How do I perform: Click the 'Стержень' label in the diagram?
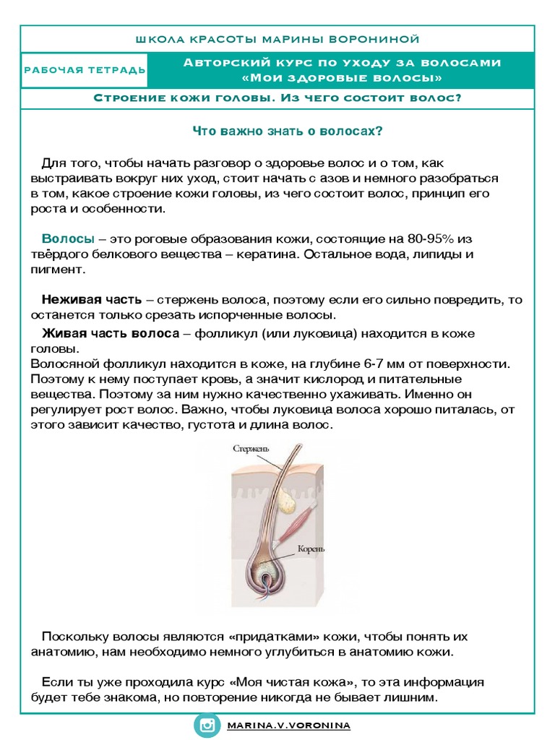pyautogui.click(x=251, y=449)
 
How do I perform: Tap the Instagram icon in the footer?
pyautogui.click(x=209, y=725)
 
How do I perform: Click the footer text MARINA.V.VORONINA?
pyautogui.click(x=288, y=725)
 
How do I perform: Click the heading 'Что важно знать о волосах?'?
pyautogui.click(x=286, y=132)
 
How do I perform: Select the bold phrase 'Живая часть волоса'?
pyautogui.click(x=110, y=333)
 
